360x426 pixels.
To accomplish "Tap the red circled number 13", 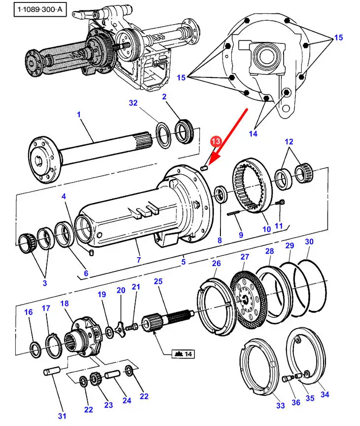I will click(215, 141).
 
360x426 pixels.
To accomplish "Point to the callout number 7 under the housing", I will click(139, 260).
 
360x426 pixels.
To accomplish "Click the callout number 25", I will click(158, 282).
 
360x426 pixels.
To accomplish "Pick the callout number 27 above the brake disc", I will click(245, 257).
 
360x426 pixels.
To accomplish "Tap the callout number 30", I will click(309, 242).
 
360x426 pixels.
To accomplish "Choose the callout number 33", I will click(280, 405).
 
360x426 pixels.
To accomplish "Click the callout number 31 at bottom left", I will click(62, 416).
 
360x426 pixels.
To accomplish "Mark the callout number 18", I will click(64, 303).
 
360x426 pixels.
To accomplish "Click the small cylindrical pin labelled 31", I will click(53, 369).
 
